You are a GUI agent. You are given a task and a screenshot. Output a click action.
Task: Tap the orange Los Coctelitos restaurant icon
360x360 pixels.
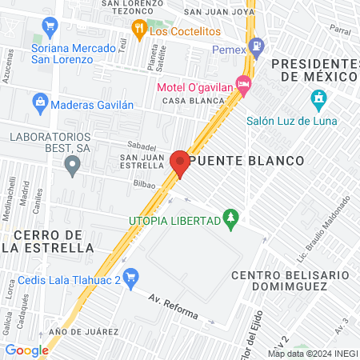click(x=138, y=30)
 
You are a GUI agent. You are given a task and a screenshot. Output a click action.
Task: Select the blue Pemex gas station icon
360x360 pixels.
click(x=257, y=46)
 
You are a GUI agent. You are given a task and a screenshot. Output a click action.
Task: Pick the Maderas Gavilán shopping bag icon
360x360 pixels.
click(x=38, y=102)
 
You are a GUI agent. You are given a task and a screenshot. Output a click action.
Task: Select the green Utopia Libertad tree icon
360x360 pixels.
click(x=230, y=218)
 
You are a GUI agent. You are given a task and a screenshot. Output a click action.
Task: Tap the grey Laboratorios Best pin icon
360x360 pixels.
click(x=73, y=166)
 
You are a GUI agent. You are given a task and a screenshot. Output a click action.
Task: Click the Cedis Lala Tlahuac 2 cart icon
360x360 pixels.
click(x=132, y=278)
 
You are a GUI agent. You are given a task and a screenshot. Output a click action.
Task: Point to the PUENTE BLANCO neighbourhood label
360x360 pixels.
click(x=247, y=161)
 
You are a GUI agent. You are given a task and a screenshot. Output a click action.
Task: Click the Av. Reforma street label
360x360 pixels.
click(x=174, y=306)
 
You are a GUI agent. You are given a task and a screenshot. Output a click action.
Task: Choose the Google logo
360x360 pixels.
click(x=26, y=350)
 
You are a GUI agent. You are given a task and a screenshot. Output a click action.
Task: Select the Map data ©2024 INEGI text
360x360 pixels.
click(x=312, y=353)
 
